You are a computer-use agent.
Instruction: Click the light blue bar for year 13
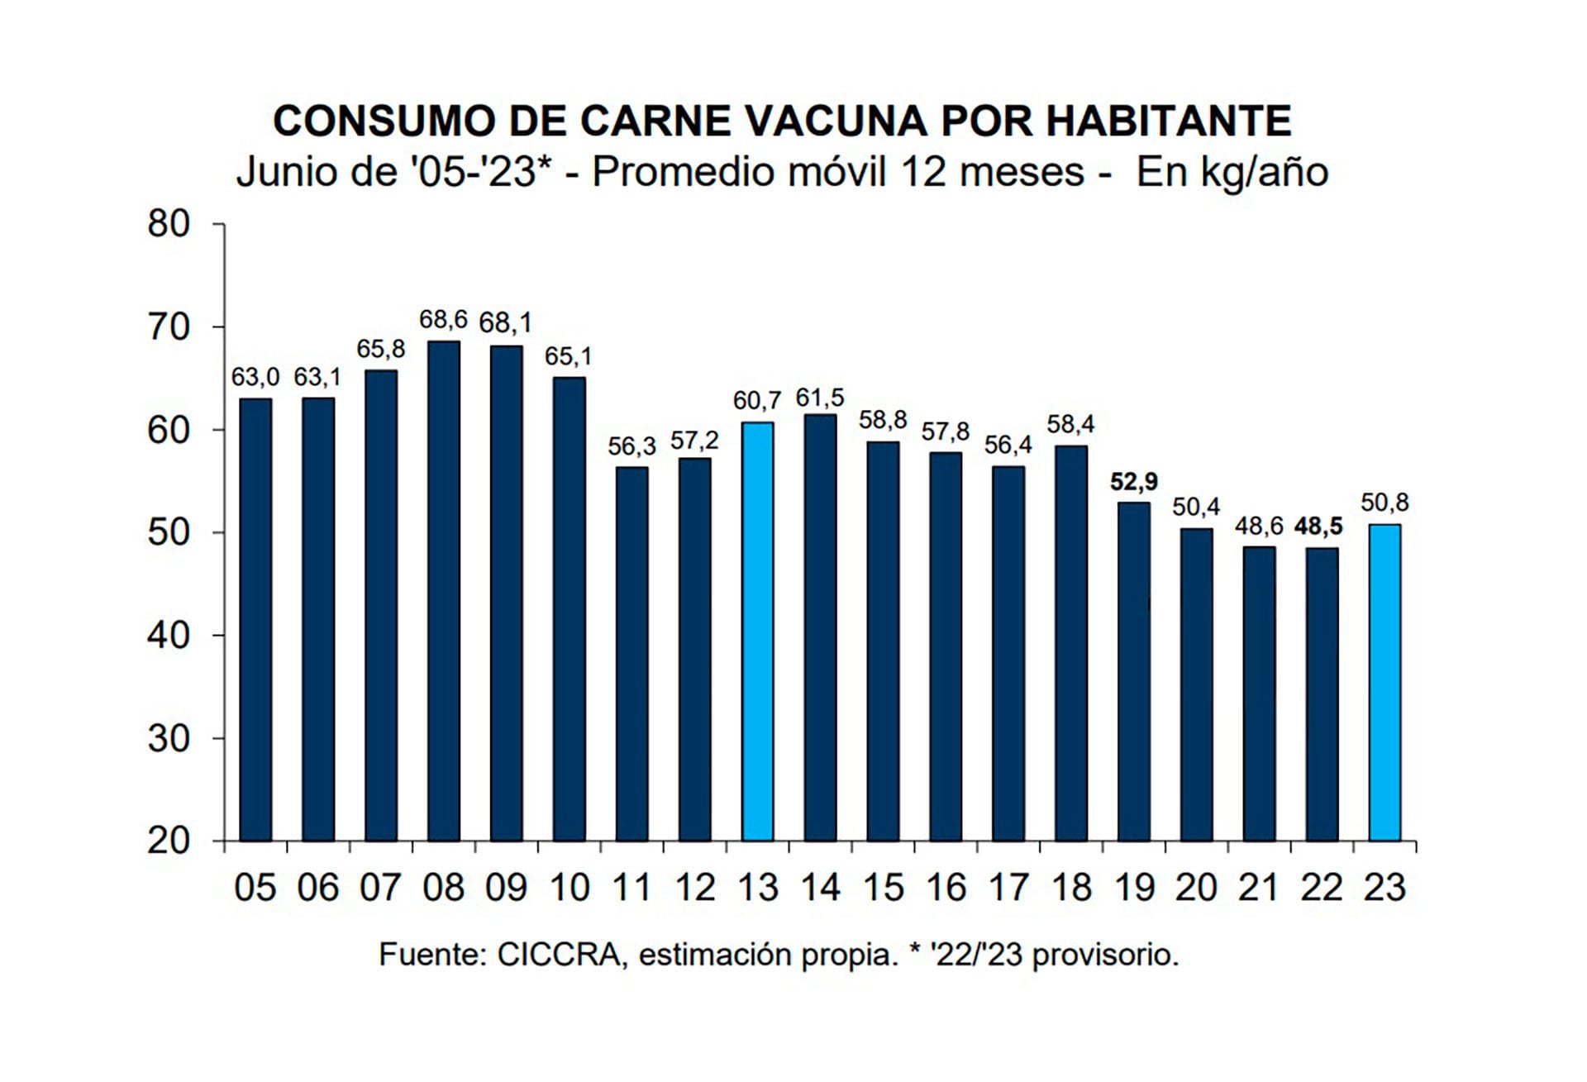(757, 632)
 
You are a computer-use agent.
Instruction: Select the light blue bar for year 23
(1384, 683)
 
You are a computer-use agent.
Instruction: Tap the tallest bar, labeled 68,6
(444, 591)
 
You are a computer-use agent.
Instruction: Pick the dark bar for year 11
(632, 654)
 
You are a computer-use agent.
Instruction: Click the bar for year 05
(255, 620)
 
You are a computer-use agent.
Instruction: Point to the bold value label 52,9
(1133, 481)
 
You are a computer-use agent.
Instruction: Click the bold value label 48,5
(1319, 527)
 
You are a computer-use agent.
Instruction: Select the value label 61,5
(820, 398)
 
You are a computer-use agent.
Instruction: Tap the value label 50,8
(1384, 503)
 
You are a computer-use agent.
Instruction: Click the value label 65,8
(381, 350)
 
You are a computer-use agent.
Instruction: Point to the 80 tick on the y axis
(169, 224)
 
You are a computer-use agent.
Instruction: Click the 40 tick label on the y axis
(169, 636)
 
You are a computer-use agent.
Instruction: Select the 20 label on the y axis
(169, 841)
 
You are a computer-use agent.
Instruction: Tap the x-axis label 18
(1071, 889)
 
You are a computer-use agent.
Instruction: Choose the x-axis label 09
(506, 889)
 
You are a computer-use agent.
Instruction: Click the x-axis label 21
(1259, 889)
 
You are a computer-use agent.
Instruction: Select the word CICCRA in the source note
(559, 956)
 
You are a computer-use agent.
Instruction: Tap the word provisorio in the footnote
(1105, 956)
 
